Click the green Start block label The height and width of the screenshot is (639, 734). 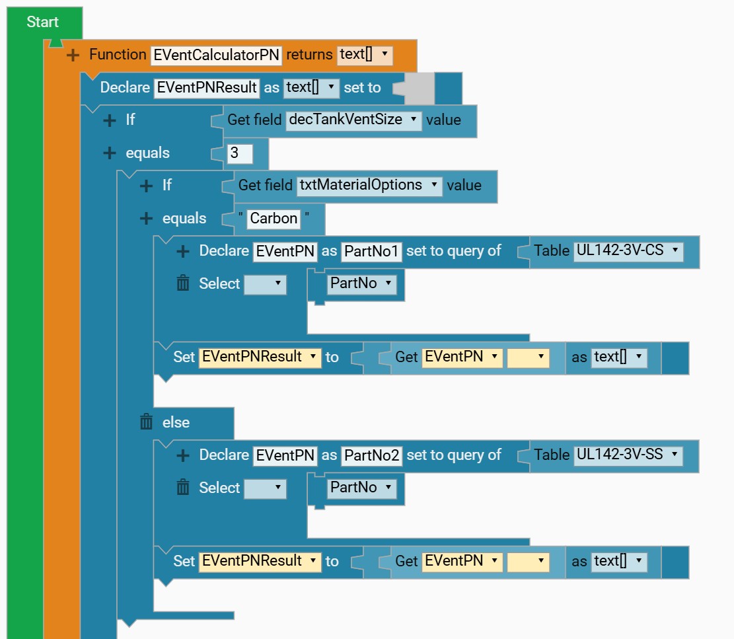(x=42, y=22)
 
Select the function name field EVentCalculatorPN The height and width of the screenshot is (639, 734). (x=216, y=55)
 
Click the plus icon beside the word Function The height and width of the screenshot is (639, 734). (x=73, y=56)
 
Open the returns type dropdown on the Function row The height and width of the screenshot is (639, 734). (x=365, y=54)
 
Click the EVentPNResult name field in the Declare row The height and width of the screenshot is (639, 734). (x=206, y=87)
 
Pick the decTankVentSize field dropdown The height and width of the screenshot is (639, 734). (x=353, y=120)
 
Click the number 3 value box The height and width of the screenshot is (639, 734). (x=240, y=153)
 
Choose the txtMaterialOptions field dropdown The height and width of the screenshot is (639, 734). (x=369, y=186)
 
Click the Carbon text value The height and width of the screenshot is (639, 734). (x=274, y=219)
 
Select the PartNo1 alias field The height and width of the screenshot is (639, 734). (x=372, y=251)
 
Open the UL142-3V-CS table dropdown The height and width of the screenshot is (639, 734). (x=628, y=250)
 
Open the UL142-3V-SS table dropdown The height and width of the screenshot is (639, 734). (x=628, y=455)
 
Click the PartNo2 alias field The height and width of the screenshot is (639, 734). (x=372, y=455)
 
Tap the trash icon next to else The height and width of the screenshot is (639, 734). (x=146, y=422)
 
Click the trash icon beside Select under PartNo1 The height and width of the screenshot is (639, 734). (x=183, y=283)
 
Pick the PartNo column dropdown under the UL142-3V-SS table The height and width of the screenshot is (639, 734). (x=361, y=488)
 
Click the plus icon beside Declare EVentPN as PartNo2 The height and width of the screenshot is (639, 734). (x=183, y=455)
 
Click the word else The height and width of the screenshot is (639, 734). (x=176, y=422)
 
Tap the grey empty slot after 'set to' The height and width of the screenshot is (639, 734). (x=419, y=88)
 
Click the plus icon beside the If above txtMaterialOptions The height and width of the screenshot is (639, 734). (x=146, y=186)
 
